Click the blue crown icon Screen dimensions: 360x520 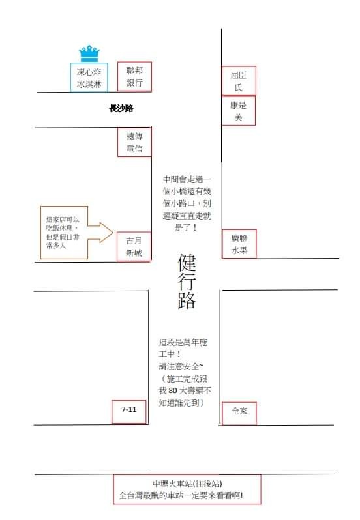click(89, 53)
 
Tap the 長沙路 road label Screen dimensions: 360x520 click(121, 108)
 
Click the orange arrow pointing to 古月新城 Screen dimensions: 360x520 click(101, 232)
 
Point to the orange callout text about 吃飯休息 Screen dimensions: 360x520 click(63, 233)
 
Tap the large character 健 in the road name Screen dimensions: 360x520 click(187, 263)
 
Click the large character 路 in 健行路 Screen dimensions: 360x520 click(187, 300)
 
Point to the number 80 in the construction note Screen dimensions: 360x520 click(173, 391)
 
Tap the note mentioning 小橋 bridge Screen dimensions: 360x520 click(187, 203)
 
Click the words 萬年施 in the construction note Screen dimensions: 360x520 click(195, 342)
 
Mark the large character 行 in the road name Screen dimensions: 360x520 click(187, 282)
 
